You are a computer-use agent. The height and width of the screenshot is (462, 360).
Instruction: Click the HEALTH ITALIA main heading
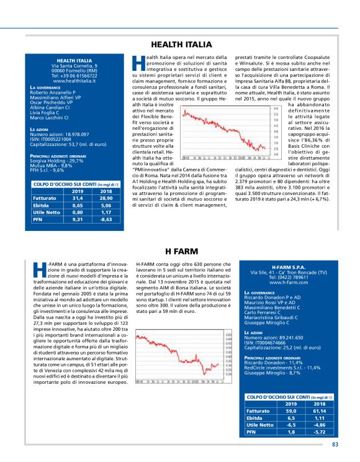[x=179, y=45]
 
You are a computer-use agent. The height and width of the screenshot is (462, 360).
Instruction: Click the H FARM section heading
[x=179, y=251]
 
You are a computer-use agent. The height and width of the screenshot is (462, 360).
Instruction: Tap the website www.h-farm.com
[x=289, y=282]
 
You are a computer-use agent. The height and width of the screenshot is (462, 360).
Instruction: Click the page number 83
[x=335, y=443]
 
